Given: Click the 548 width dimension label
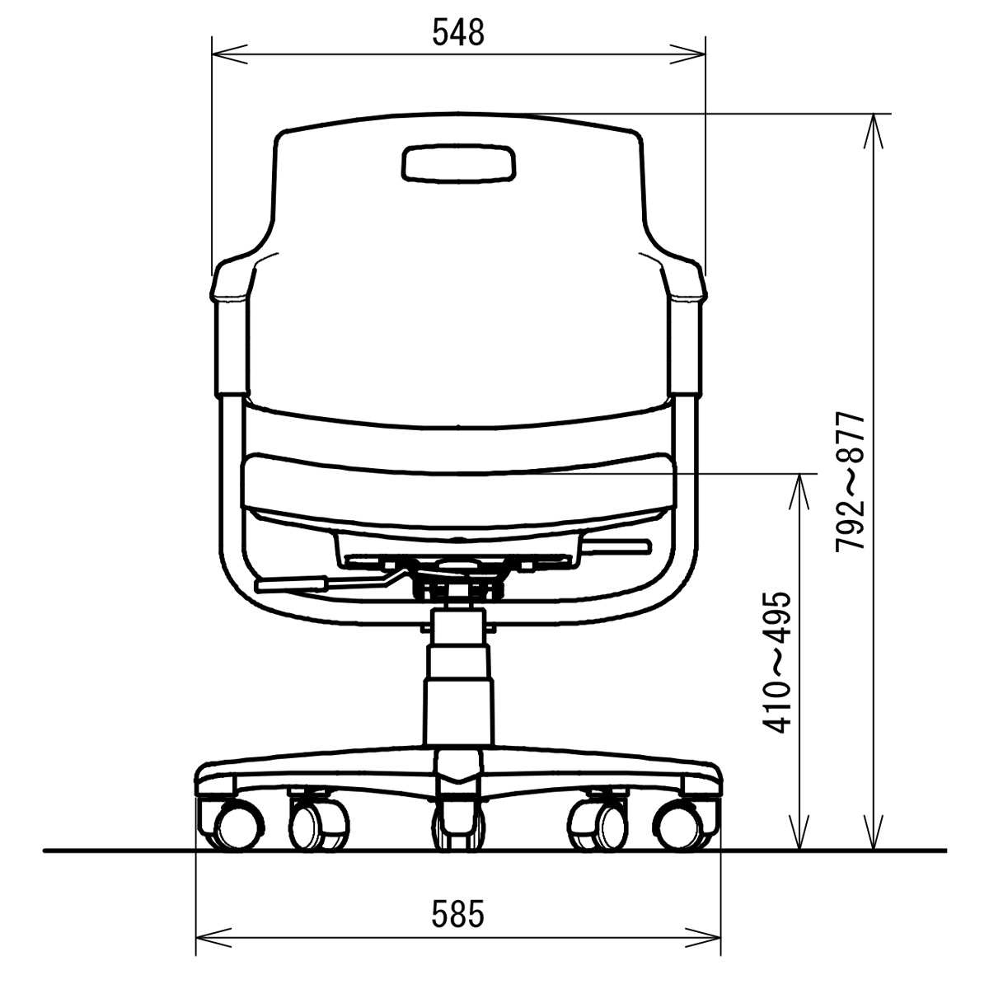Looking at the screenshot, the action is pos(457,33).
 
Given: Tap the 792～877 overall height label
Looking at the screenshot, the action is pos(851,481).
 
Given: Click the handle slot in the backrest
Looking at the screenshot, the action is pos(458,163).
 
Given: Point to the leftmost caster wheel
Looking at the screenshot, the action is pos(237,827).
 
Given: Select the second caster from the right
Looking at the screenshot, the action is pos(598,825).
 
